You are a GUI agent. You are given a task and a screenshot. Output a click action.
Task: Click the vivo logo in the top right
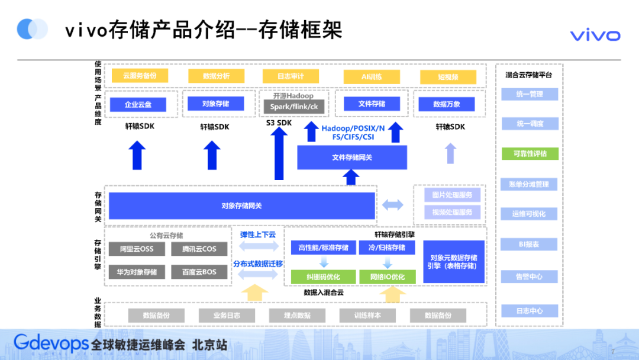[595, 36]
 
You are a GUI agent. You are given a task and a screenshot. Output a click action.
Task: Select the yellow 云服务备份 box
[140, 76]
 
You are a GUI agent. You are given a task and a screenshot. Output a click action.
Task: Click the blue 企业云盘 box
[139, 105]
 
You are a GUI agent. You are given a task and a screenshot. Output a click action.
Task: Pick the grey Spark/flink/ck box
[294, 107]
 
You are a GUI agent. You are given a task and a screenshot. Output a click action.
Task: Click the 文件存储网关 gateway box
[352, 157]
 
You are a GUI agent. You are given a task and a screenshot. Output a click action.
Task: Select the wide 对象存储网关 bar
[242, 206]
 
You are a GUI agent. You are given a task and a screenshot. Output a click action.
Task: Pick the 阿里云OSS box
[137, 249]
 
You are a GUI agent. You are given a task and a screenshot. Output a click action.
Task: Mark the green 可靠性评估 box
[529, 153]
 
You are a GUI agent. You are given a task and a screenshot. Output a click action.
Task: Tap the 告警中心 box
[529, 277]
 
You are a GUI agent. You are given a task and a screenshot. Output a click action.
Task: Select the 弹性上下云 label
[257, 234]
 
